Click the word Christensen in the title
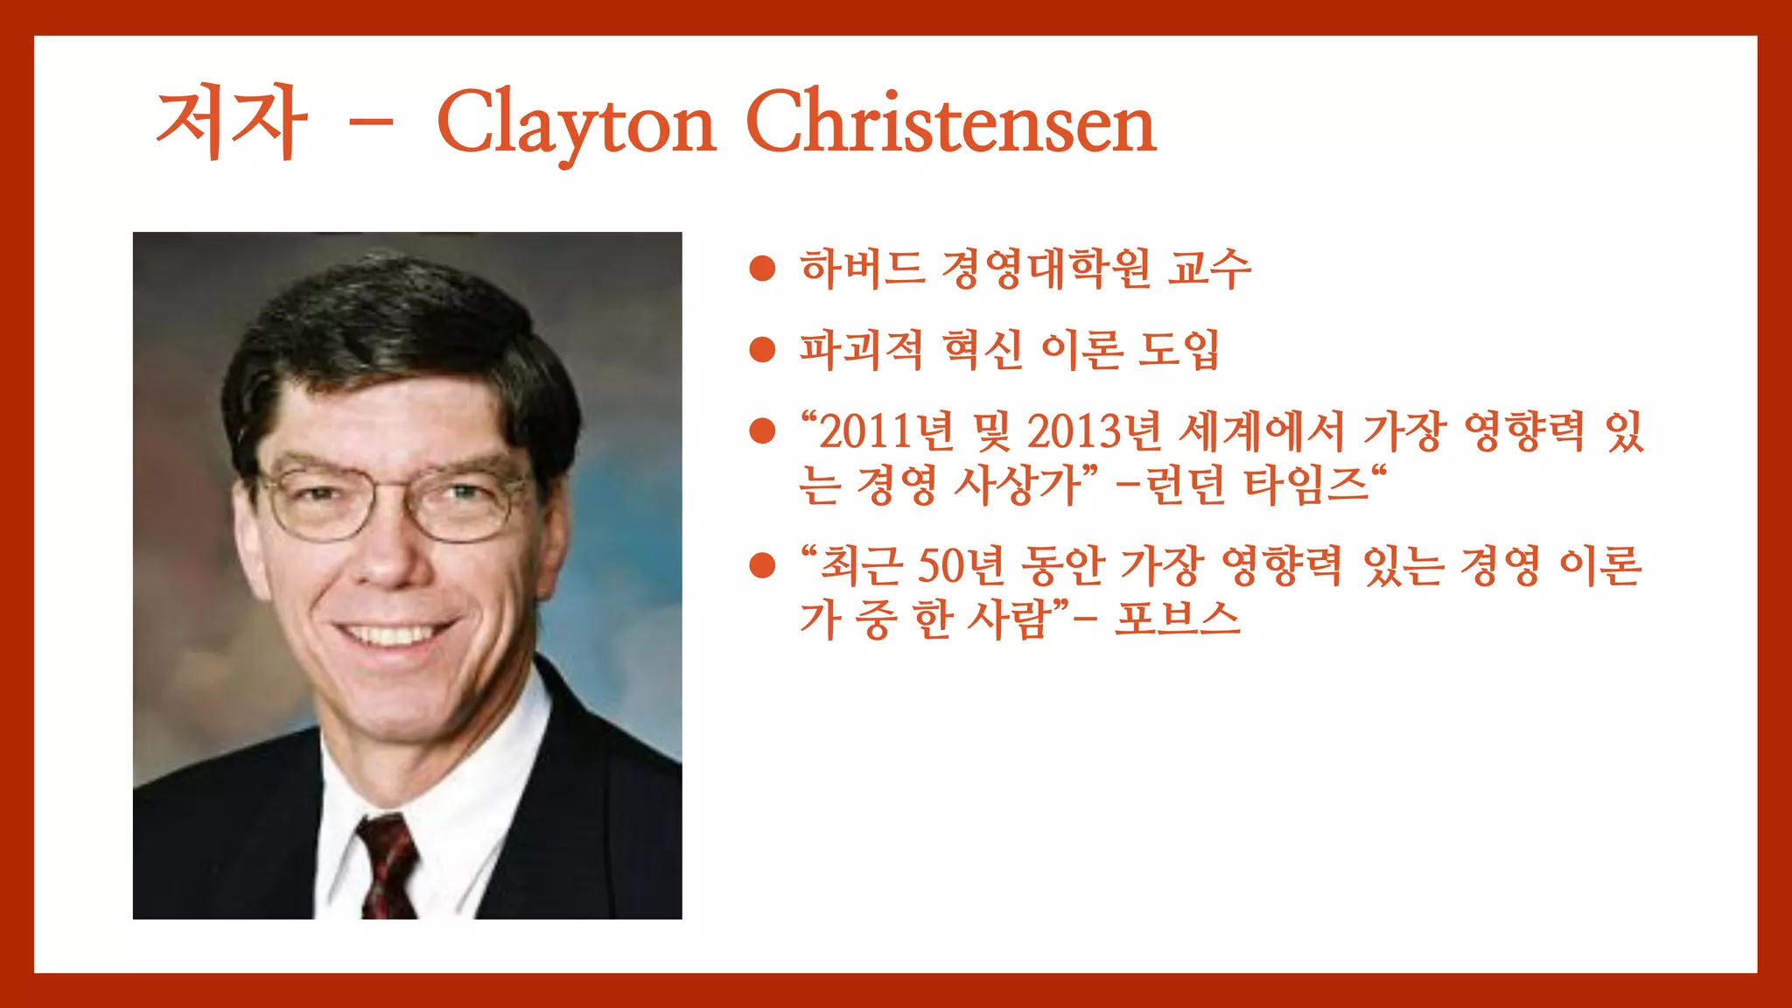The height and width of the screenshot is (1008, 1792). point(950,123)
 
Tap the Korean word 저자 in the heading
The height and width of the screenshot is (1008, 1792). point(231,122)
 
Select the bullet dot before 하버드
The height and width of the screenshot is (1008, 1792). point(763,269)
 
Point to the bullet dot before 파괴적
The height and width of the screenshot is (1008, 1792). point(763,350)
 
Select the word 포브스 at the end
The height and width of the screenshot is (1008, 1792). point(1178,619)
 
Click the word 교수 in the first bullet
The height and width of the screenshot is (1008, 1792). point(1209,269)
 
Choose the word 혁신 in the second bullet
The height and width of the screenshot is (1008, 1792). point(983,350)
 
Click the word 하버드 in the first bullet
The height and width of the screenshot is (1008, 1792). point(862,269)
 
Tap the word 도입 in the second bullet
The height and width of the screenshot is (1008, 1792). point(1178,350)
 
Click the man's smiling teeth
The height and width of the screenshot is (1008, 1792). point(394,633)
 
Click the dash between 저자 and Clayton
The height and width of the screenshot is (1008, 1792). point(370,124)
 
